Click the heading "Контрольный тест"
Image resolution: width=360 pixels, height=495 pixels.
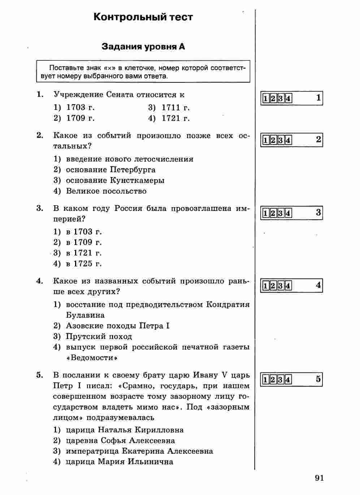coord(143,17)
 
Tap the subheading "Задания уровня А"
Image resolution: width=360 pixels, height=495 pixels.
coord(143,47)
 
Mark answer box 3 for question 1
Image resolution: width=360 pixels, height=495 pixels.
coord(281,99)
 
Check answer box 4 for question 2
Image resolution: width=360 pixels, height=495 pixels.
coord(288,140)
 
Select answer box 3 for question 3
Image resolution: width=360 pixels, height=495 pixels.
coord(281,213)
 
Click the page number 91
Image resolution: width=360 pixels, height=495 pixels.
coord(319,478)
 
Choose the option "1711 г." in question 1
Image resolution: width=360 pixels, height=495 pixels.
coord(175,108)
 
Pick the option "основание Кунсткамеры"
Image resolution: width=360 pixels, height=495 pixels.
coord(115,180)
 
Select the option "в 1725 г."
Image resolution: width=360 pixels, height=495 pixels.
coord(84,264)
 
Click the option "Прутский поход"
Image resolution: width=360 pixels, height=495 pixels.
coord(99,337)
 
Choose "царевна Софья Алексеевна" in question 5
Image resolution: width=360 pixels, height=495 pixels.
coord(120,441)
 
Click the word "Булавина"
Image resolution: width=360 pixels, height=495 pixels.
coord(85,315)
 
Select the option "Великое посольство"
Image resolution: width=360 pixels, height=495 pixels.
coord(106,191)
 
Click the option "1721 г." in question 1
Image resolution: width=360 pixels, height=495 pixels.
coord(175,119)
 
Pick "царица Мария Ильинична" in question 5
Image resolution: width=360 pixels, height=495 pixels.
coord(119,462)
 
